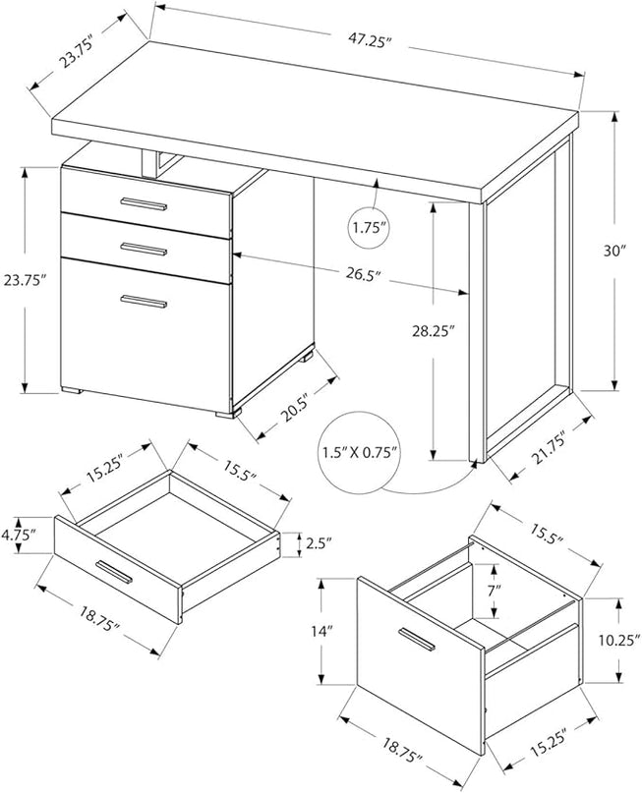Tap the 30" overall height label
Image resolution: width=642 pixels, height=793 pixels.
(616, 251)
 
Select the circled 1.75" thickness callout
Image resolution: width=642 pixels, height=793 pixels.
(371, 228)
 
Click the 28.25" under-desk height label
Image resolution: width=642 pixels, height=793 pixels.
(433, 332)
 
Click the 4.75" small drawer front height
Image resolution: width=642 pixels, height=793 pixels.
(19, 535)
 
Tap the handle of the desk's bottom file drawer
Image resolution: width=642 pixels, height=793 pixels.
(144, 301)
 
